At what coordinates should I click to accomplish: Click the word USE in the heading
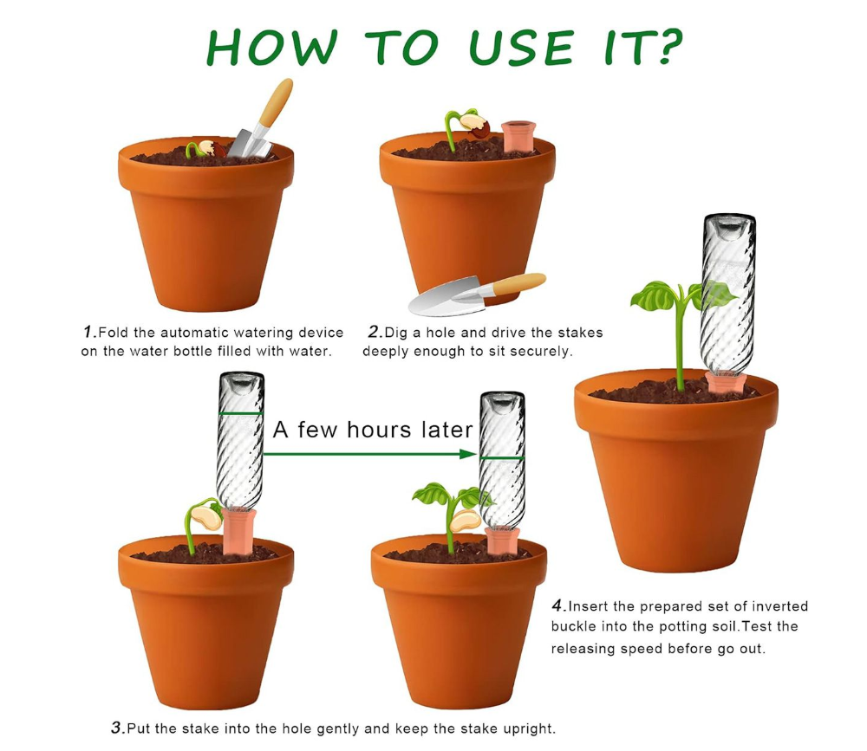(x=521, y=48)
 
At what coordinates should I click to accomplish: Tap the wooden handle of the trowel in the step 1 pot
(x=276, y=102)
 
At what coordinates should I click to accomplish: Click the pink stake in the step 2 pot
(x=518, y=136)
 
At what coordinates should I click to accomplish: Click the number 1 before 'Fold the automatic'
(x=89, y=332)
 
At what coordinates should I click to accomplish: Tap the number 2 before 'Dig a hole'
(x=375, y=332)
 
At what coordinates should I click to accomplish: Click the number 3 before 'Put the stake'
(x=118, y=728)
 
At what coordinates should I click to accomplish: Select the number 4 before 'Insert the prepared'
(x=558, y=605)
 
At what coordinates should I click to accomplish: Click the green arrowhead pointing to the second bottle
(x=468, y=454)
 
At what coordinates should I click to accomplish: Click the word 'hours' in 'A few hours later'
(x=379, y=430)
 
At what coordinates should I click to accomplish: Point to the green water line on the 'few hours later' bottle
(x=502, y=459)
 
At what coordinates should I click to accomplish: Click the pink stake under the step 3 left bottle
(x=239, y=531)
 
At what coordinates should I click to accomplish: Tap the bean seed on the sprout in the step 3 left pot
(x=206, y=518)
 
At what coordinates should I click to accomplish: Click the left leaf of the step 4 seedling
(x=656, y=295)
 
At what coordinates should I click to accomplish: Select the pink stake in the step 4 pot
(x=725, y=382)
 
